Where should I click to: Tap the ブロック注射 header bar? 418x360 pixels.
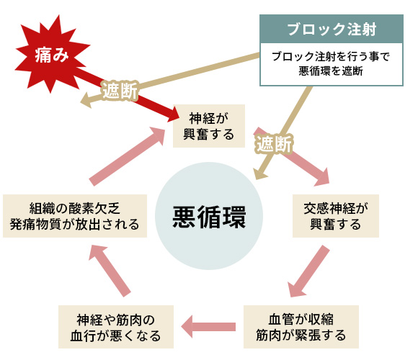pyautogui.click(x=331, y=30)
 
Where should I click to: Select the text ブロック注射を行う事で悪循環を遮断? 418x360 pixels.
pyautogui.click(x=331, y=65)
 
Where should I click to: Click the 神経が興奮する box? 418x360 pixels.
pyautogui.click(x=208, y=126)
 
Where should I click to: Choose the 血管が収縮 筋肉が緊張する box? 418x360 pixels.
pyautogui.click(x=301, y=326)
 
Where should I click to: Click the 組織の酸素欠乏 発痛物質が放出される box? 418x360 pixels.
pyautogui.click(x=75, y=215)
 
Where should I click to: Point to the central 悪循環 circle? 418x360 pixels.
pyautogui.click(x=209, y=216)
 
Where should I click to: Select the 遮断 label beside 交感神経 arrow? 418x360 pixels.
pyautogui.click(x=274, y=143)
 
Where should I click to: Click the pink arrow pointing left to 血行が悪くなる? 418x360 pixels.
pyautogui.click(x=209, y=327)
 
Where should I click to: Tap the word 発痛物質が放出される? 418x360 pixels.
pyautogui.click(x=75, y=224)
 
